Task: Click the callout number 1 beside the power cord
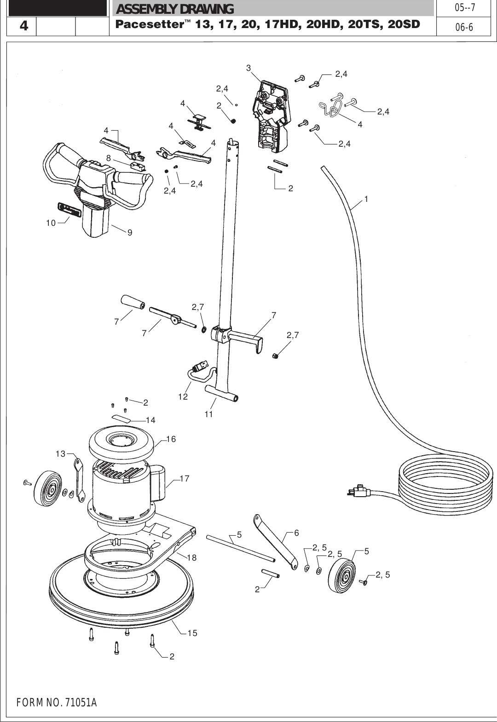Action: (366, 199)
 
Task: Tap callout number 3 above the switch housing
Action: (248, 68)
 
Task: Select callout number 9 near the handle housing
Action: (130, 233)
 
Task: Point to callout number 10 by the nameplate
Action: (51, 223)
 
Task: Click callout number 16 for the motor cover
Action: (171, 439)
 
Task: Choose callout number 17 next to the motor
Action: (185, 479)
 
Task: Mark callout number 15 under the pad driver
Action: (192, 633)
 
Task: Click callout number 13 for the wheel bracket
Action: (60, 454)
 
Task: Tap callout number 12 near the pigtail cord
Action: (183, 396)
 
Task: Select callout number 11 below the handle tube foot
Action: (209, 414)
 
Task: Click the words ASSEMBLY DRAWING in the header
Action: (175, 9)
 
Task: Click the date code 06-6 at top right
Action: (464, 27)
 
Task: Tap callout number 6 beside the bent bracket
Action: (296, 533)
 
